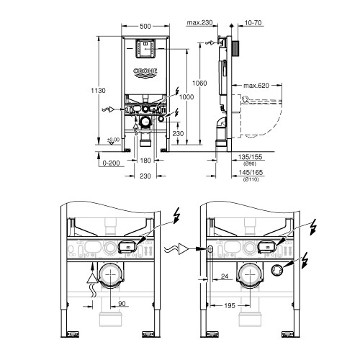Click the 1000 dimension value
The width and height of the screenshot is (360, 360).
(x=186, y=97)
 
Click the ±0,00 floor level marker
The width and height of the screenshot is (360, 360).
(x=112, y=140)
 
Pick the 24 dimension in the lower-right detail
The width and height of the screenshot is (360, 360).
(x=225, y=275)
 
